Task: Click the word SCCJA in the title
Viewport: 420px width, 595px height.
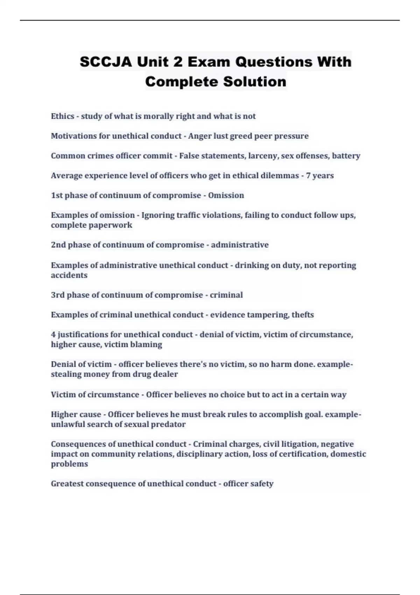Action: [106, 62]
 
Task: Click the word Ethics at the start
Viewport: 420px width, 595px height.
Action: [62, 116]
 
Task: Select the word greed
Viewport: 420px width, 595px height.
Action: [241, 136]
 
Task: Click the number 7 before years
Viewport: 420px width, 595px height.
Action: [308, 175]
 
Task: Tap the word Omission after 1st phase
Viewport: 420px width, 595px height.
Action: [226, 195]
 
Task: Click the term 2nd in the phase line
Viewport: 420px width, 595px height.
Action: [58, 245]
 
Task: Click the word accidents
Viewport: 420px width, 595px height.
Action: [69, 275]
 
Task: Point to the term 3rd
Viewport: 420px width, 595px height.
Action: [58, 295]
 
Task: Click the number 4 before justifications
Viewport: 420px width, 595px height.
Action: [53, 335]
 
